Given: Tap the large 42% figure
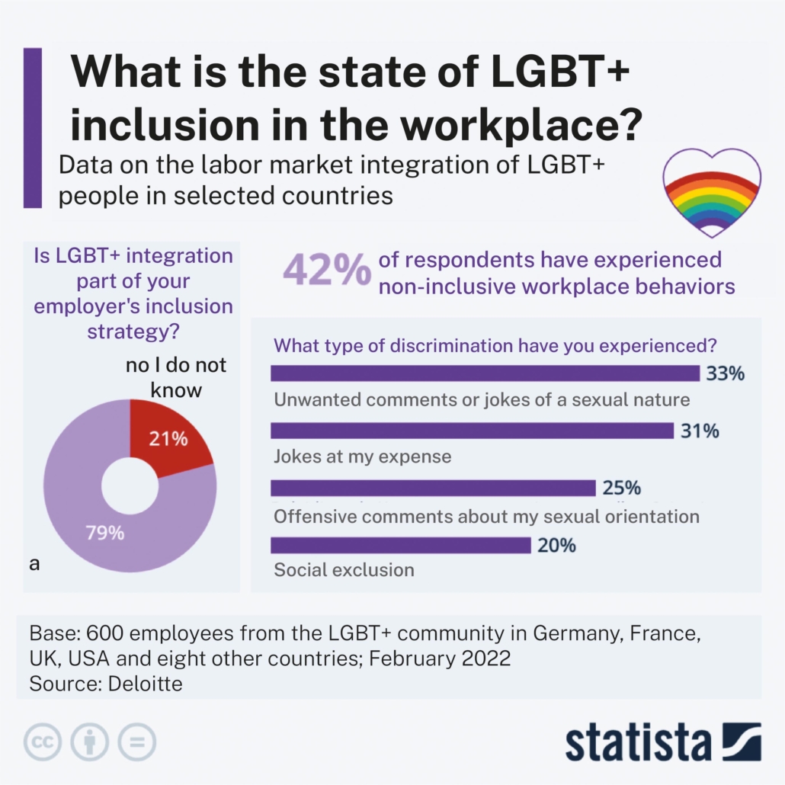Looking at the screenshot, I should coord(328,271).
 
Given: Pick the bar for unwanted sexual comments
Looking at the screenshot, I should coord(485,373).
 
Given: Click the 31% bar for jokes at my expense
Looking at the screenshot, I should coord(472,431).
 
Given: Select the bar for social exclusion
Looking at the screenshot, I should coord(400,546).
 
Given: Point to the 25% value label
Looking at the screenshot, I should coord(621,488).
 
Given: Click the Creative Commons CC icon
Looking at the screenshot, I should coord(43,741).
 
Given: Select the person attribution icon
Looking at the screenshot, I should coord(90,741).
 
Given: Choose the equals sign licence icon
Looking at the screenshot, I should coord(136,741).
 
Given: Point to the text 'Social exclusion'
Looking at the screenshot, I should coord(344,569).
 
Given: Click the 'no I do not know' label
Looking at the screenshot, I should coord(176,377).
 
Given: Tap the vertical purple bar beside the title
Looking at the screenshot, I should coord(33,127).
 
